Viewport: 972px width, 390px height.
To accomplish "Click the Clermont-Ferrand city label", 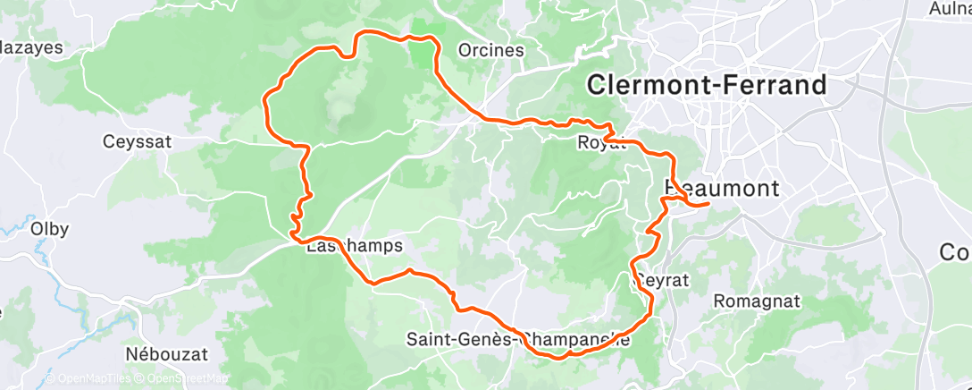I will tap(706, 86).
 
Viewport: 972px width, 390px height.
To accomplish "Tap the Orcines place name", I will tap(490, 50).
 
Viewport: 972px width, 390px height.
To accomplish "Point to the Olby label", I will tap(49, 227).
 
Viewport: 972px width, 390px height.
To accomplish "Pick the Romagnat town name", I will tap(756, 301).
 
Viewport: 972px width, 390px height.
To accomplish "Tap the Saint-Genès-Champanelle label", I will tap(518, 340).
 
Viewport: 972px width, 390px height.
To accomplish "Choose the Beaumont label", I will tap(723, 189).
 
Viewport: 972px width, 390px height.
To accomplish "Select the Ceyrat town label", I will tap(662, 280).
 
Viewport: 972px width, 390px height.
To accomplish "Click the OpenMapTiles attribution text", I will tap(89, 378).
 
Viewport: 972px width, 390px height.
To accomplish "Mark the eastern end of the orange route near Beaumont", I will tap(708, 204).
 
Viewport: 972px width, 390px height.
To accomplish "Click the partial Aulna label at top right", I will tap(950, 8).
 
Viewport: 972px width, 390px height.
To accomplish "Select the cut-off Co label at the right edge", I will tap(955, 253).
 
